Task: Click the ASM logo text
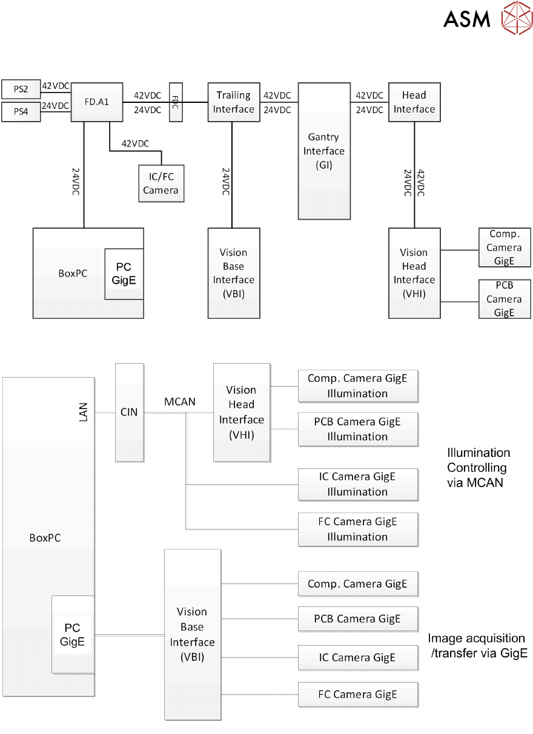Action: click(466, 18)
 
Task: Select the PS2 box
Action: click(21, 89)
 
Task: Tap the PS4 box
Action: click(21, 112)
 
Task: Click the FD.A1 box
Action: click(97, 102)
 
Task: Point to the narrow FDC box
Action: click(176, 102)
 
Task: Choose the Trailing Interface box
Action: click(234, 102)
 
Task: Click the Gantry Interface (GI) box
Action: click(324, 151)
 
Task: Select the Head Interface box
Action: click(414, 102)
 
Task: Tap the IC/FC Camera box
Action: click(161, 183)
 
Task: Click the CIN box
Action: click(129, 412)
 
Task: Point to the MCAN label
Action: click(180, 401)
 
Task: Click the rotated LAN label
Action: click(84, 412)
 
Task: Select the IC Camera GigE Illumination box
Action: click(358, 484)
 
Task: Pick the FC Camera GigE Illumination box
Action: click(358, 529)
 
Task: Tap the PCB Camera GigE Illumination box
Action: click(358, 429)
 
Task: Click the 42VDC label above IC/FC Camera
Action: click(135, 143)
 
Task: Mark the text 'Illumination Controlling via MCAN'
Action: click(478, 468)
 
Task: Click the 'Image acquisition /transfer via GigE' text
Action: click(477, 646)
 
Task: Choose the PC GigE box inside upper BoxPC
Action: click(124, 274)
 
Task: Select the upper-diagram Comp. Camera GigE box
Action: click(505, 247)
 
